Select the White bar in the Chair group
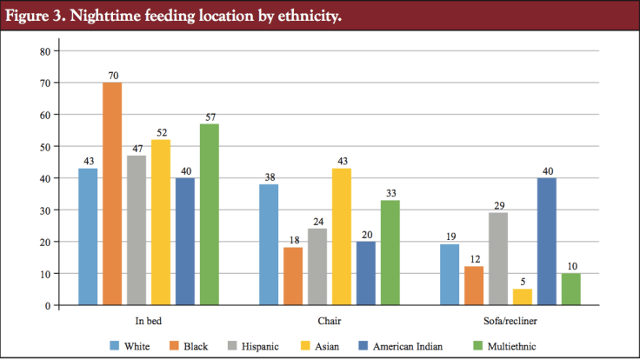[269, 244]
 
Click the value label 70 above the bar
[112, 76]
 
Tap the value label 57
[209, 117]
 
